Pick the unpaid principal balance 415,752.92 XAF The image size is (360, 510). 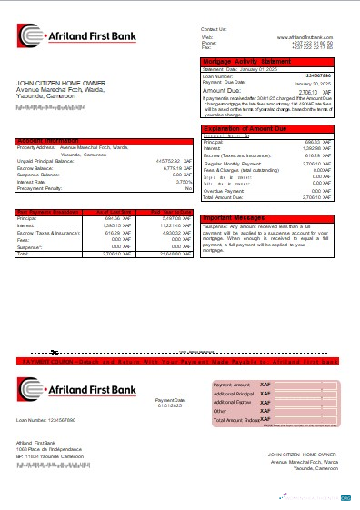click(x=169, y=160)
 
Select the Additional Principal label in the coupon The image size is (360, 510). click(x=233, y=393)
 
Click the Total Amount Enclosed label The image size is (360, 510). click(x=235, y=421)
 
